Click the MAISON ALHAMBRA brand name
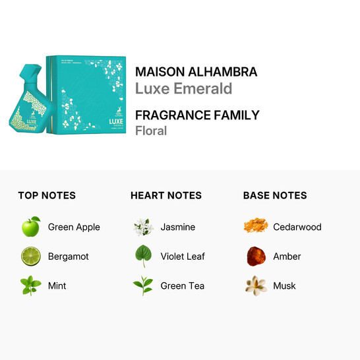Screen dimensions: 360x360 [196, 72]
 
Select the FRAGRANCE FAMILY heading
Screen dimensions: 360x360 [197, 115]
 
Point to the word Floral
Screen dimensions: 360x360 [151, 131]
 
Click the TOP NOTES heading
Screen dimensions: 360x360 [47, 195]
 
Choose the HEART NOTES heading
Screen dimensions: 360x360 [166, 195]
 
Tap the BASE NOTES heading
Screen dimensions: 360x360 [275, 195]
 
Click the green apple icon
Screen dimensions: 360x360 [30, 227]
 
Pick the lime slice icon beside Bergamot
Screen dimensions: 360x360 [30, 256]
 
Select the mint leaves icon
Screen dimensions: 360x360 [30, 285]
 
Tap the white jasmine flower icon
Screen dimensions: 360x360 [143, 227]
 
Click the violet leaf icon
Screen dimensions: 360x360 [143, 256]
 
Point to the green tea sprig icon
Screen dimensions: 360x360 [143, 285]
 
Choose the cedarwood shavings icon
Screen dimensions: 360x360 [255, 227]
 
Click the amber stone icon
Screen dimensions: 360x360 [255, 256]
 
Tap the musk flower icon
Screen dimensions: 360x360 [255, 285]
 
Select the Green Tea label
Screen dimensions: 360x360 [183, 285]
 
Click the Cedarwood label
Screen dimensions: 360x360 [297, 227]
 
